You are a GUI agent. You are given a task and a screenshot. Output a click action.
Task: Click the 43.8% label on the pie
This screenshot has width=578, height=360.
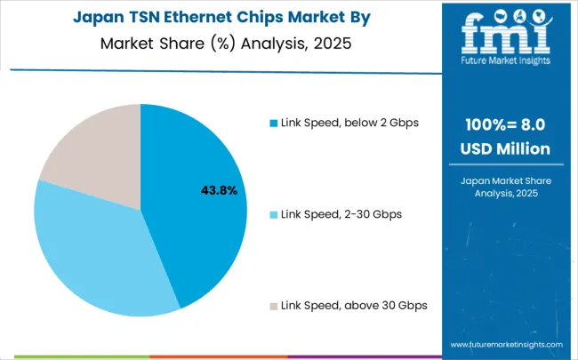click(218, 190)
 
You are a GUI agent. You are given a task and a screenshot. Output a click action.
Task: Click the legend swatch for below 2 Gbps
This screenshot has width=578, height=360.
click(272, 123)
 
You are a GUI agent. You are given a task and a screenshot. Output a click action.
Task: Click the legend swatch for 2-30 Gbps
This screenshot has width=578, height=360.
click(272, 214)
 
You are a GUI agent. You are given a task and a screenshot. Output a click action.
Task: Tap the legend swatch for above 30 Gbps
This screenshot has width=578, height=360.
click(272, 306)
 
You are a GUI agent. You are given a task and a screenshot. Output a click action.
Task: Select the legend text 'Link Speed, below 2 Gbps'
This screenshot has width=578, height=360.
click(349, 123)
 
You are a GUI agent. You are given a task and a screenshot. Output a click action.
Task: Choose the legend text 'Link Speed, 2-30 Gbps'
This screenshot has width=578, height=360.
click(341, 214)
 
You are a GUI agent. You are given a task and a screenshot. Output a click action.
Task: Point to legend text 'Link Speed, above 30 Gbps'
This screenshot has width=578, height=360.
click(353, 306)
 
